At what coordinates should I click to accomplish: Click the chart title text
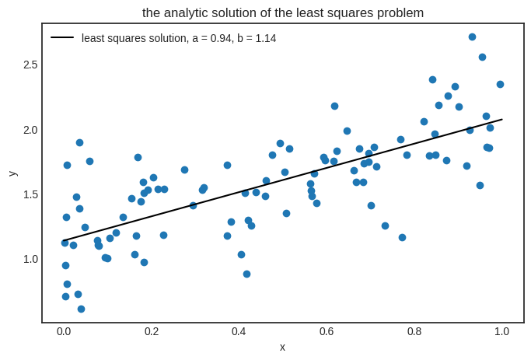[283, 12]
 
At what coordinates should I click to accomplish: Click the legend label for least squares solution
[179, 38]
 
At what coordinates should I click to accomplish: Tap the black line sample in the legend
[62, 37]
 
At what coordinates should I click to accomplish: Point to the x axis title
[282, 347]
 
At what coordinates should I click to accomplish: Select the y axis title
[12, 173]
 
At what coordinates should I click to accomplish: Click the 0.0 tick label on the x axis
[64, 331]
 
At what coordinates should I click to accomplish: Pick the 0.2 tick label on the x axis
[152, 331]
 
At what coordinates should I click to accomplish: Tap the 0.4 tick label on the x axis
[239, 331]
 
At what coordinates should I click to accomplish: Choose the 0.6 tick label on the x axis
[327, 331]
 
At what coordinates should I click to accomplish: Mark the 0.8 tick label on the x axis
[414, 331]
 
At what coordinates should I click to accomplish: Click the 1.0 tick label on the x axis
[501, 331]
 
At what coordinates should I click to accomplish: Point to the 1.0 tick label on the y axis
[30, 259]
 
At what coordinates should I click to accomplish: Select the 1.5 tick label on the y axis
[30, 194]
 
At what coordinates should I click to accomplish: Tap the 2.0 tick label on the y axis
[30, 130]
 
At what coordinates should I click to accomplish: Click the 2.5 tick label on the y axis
[30, 65]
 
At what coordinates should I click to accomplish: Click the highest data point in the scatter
[472, 37]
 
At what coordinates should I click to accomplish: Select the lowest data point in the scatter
[81, 309]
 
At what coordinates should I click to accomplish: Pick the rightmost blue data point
[500, 84]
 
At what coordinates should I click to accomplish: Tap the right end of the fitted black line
[501, 119]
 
